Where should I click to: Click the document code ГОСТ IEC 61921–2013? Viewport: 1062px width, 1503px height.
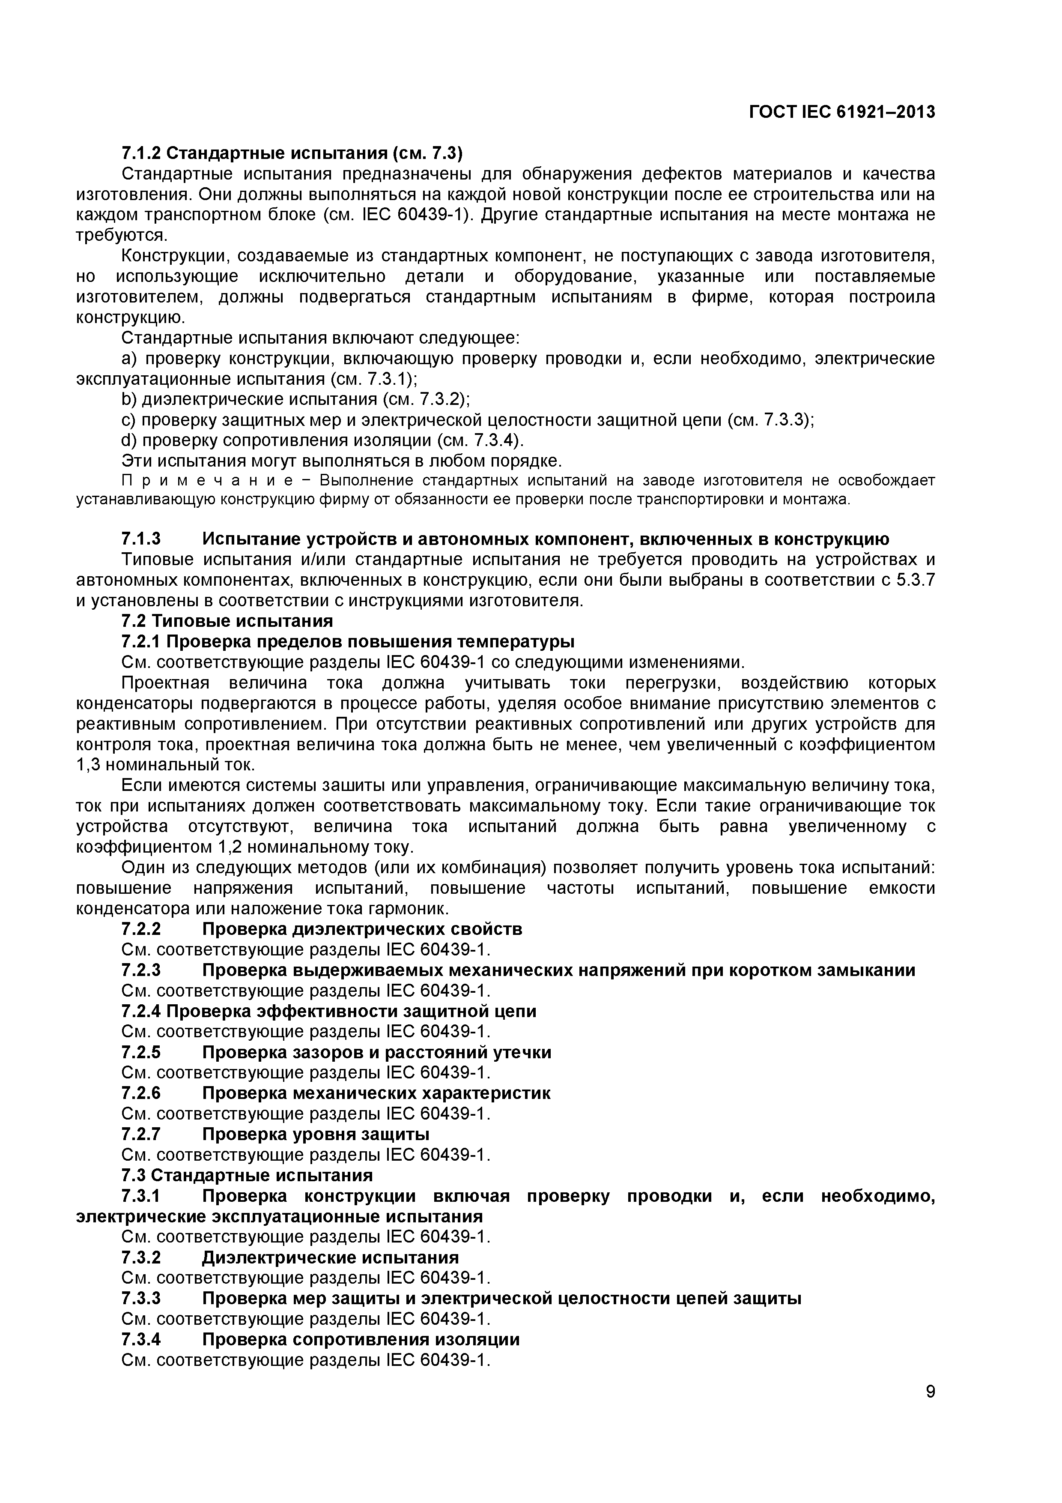[x=841, y=113]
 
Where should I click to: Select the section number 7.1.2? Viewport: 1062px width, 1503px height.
[x=141, y=154]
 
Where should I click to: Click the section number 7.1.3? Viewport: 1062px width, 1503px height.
[x=141, y=539]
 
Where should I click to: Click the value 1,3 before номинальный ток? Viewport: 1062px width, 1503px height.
[x=88, y=765]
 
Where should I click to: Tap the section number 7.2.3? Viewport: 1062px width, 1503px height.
[x=141, y=970]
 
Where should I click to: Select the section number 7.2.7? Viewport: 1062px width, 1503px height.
[x=141, y=1134]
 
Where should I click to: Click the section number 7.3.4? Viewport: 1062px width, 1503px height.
[x=141, y=1339]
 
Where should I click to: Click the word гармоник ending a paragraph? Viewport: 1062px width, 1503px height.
[x=411, y=909]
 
